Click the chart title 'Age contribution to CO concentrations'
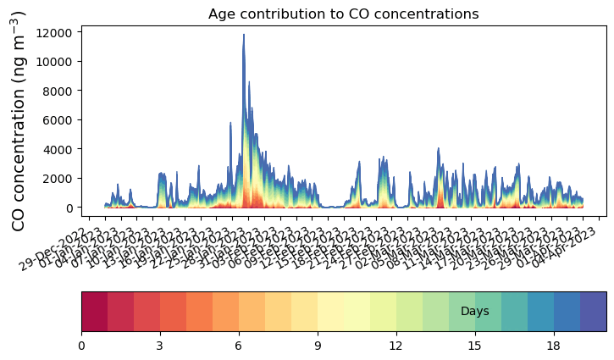(344, 14)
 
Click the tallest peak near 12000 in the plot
(244, 36)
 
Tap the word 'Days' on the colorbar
(474, 312)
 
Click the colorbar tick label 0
(81, 346)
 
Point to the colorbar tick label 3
(160, 346)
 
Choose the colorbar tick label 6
(239, 346)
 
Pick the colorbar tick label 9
(318, 346)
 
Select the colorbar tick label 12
(396, 346)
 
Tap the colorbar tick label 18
(554, 346)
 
